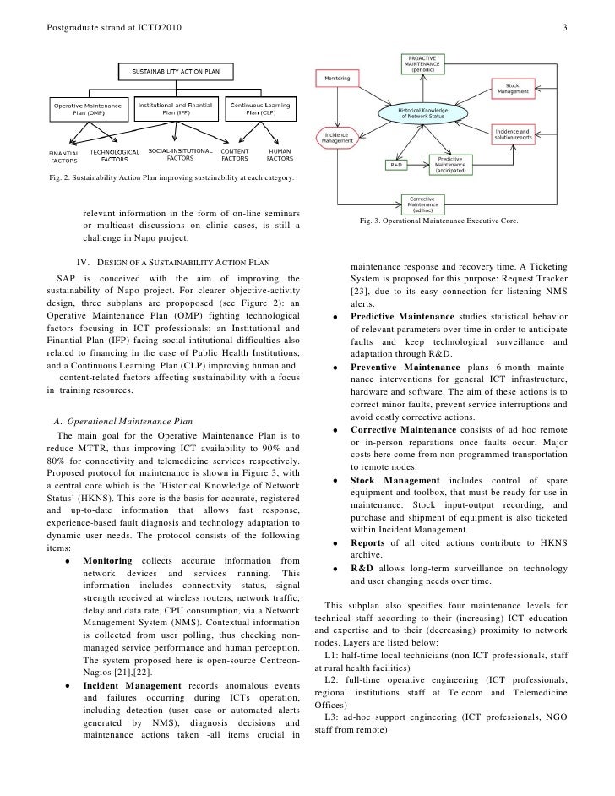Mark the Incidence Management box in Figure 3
coord(336,138)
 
